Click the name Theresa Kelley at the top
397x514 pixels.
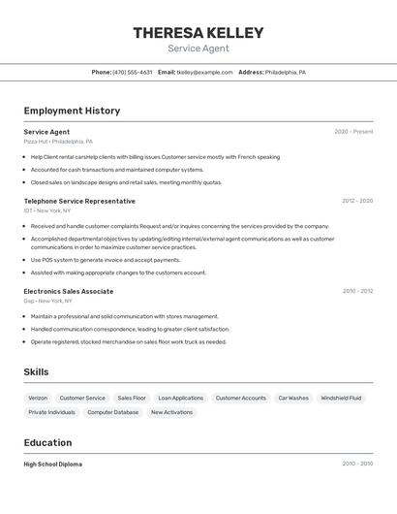coord(198,33)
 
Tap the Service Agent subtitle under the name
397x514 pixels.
coord(198,48)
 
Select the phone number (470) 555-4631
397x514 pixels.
coord(133,73)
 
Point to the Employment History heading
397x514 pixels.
coord(72,111)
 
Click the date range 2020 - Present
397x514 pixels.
coord(353,132)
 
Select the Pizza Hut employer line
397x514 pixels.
coord(58,142)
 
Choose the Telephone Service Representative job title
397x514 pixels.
coord(79,201)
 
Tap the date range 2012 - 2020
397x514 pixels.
coord(357,201)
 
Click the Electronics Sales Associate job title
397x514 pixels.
coord(69,291)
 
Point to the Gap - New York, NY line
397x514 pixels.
coord(47,301)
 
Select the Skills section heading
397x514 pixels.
coord(36,372)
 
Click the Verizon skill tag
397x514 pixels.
coord(38,398)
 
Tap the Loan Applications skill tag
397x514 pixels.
coord(180,398)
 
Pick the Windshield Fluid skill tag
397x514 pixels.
coord(341,398)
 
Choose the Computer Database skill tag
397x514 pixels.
coord(112,412)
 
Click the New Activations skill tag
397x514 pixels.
coord(171,412)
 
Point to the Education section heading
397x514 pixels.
coord(47,442)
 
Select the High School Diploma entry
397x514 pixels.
coord(53,465)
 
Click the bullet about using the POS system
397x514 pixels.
coord(106,260)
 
